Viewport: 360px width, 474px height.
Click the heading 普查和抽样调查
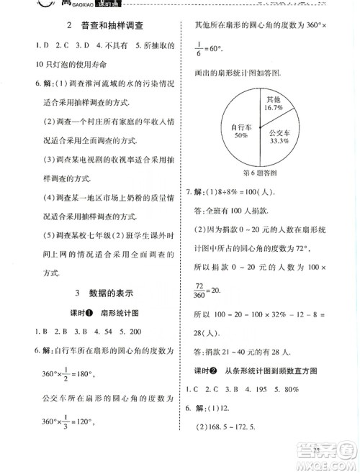(109, 26)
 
